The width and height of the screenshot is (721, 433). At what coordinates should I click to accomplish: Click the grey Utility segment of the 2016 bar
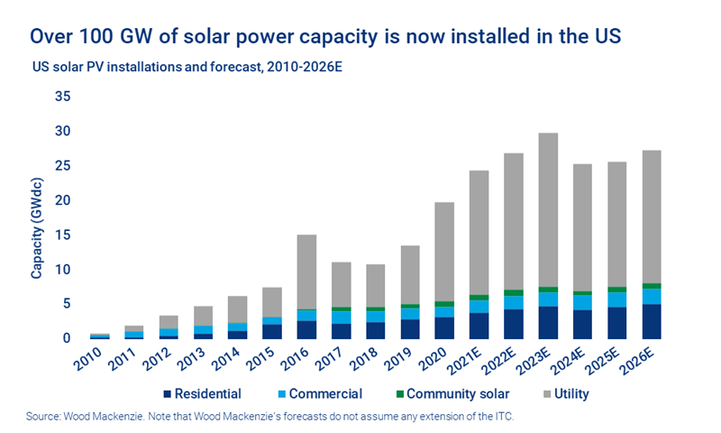coord(307,272)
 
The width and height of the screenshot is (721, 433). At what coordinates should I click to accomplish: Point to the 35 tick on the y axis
coord(62,97)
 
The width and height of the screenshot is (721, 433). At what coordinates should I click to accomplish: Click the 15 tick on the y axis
coord(62,235)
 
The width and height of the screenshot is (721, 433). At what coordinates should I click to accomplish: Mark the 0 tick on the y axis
coord(66,338)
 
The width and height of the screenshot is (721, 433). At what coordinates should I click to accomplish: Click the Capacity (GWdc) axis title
coord(37,217)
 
